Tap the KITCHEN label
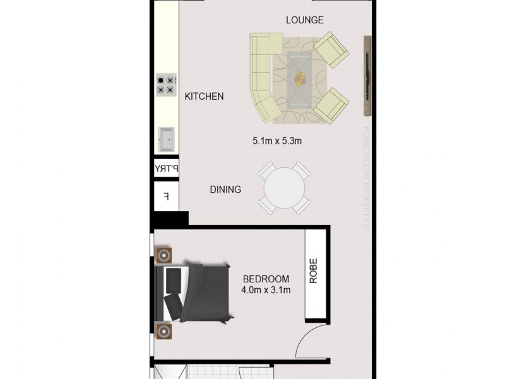pyautogui.click(x=204, y=97)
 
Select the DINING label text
pyautogui.click(x=225, y=189)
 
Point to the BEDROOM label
pyautogui.click(x=266, y=279)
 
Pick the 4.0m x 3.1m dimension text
pyautogui.click(x=266, y=291)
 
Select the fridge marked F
pyautogui.click(x=166, y=196)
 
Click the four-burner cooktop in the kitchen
pyautogui.click(x=166, y=85)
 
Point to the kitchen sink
pyautogui.click(x=167, y=140)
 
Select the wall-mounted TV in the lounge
pyautogui.click(x=365, y=76)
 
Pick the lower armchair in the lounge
pyautogui.click(x=330, y=105)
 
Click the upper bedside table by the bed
pyautogui.click(x=165, y=256)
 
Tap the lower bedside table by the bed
pyautogui.click(x=165, y=330)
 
